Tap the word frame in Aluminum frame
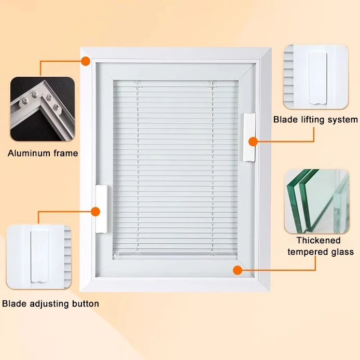point(64,153)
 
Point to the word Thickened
point(319,241)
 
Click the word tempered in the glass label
point(306,252)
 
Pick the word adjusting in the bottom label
point(49,303)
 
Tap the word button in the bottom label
point(85,303)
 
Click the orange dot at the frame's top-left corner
point(85,61)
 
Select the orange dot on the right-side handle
point(253,141)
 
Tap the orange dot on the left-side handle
point(95,211)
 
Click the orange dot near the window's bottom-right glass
point(238,270)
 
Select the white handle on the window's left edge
point(100,209)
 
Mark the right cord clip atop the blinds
point(211,83)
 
